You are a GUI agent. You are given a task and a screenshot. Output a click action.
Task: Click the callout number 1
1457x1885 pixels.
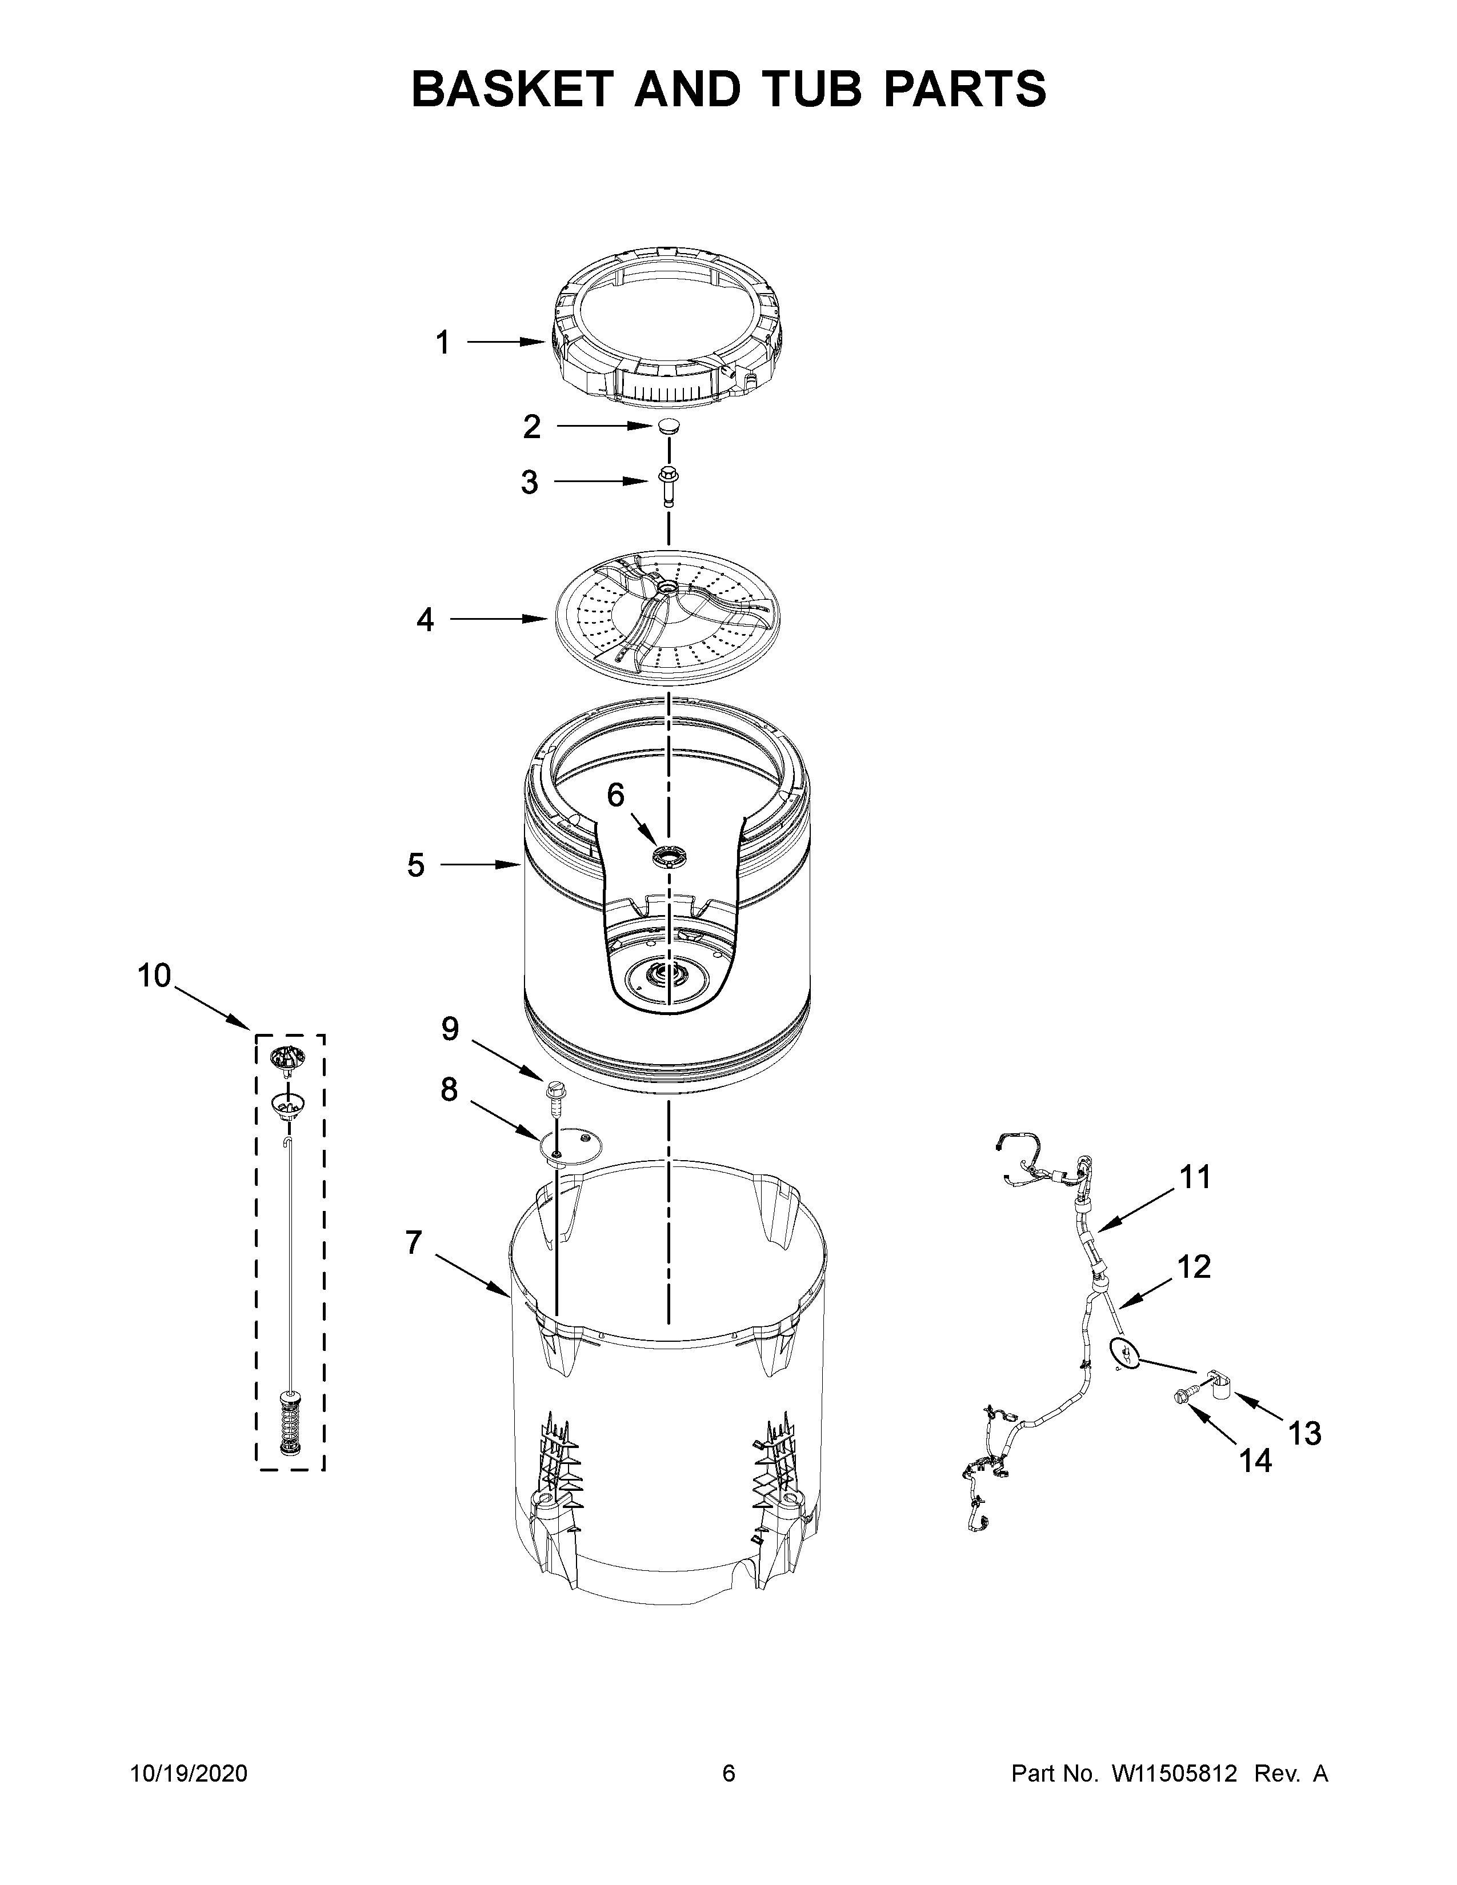(x=443, y=343)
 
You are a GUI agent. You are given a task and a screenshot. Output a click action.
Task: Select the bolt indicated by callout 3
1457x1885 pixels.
(x=668, y=486)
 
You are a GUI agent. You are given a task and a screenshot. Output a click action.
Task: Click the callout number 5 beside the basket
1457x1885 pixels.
(x=416, y=865)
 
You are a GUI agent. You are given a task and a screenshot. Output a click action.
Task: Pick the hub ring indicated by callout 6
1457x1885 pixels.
(x=668, y=857)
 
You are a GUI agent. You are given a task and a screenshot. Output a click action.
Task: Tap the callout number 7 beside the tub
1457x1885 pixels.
(x=414, y=1244)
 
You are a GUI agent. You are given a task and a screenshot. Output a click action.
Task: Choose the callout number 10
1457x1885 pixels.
(x=155, y=976)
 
